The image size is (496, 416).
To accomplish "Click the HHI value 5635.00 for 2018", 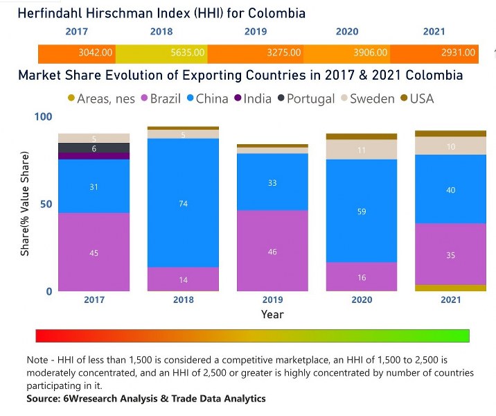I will tap(161, 53).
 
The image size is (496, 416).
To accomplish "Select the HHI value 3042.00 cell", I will tap(77, 53).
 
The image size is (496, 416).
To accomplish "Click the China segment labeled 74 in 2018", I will tap(183, 203).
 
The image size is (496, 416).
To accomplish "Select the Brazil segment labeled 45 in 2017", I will tap(94, 252).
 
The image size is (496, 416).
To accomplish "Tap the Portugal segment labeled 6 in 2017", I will tap(94, 148).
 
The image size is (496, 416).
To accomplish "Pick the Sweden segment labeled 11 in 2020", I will tap(361, 150).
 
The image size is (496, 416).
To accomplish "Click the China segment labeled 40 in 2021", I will tap(450, 189).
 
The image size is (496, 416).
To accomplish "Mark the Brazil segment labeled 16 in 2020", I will tap(361, 277).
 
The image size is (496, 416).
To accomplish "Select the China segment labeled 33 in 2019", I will tap(272, 182).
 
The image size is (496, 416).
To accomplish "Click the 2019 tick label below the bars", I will tap(272, 300).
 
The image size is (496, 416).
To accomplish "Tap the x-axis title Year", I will tap(272, 314).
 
